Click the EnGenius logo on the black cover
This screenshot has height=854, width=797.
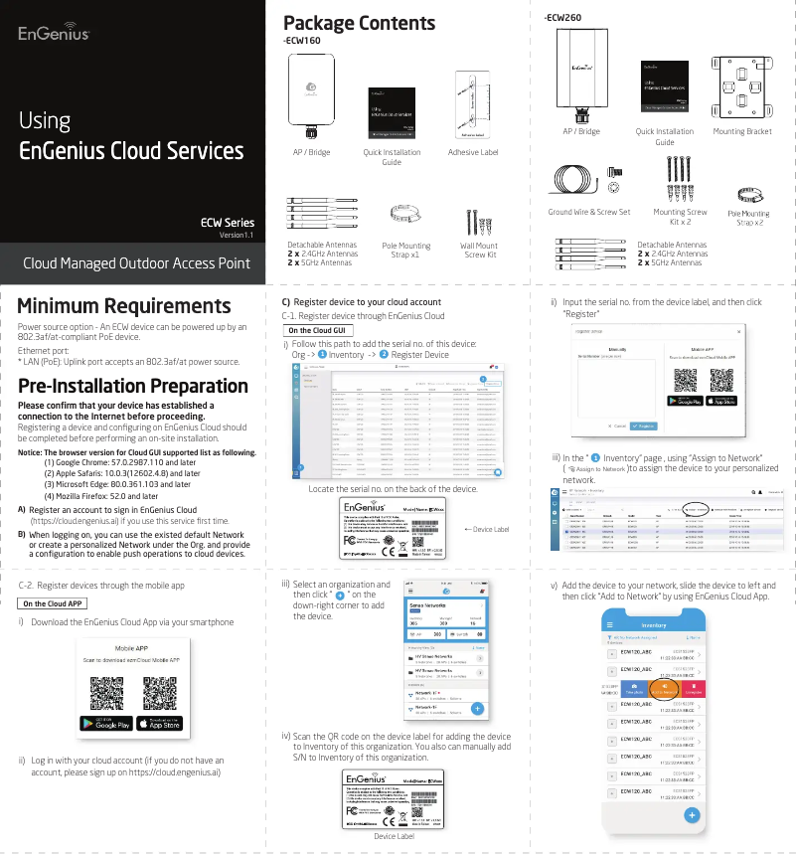(x=55, y=34)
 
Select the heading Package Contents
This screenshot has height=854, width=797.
(x=359, y=23)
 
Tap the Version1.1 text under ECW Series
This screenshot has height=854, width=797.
(x=237, y=236)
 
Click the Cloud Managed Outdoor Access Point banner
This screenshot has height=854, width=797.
(x=136, y=263)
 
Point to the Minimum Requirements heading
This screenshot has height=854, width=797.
(x=124, y=306)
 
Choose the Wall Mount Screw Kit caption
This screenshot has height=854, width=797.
(x=479, y=251)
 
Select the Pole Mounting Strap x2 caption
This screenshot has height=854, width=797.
(x=748, y=218)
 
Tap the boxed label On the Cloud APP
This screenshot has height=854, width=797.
(x=54, y=603)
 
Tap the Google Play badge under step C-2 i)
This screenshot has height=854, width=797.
(x=105, y=724)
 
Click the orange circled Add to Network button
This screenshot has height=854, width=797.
(x=662, y=688)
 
